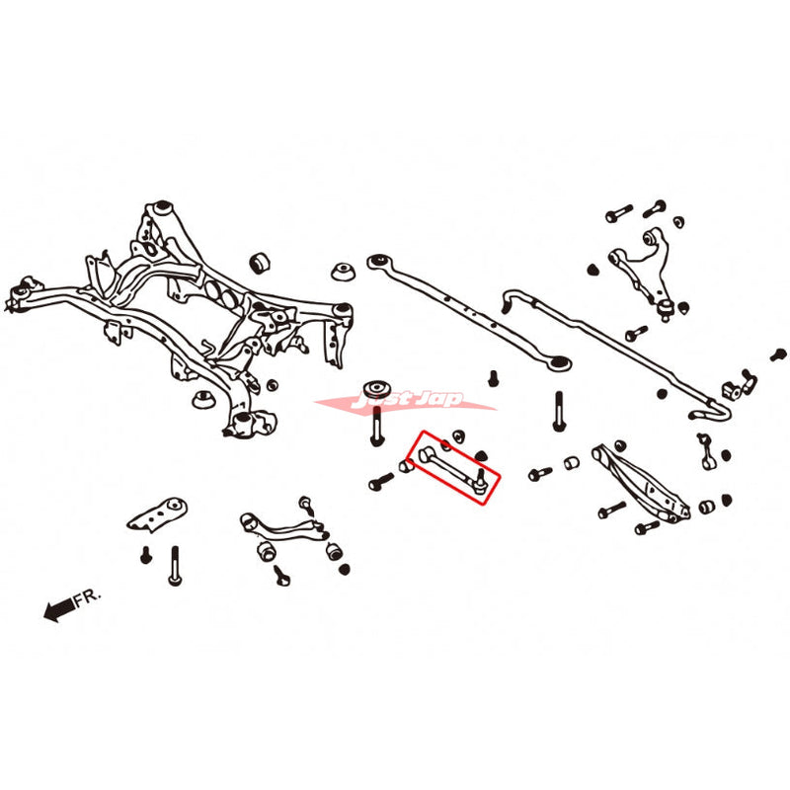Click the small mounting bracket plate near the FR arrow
(x=160, y=516)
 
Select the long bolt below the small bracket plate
(x=175, y=566)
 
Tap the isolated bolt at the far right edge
(x=778, y=354)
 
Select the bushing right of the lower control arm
(x=707, y=508)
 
